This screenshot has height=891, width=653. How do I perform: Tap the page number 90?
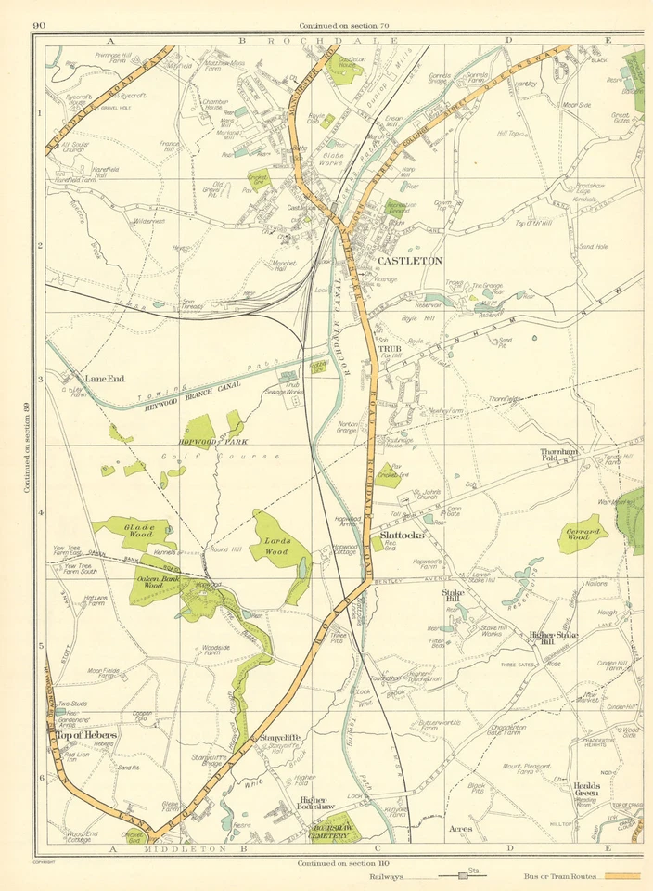(x=40, y=24)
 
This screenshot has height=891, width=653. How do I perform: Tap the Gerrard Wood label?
(x=588, y=535)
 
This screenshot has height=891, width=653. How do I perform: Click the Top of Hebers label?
(x=87, y=735)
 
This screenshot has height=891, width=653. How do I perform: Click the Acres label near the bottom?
(x=460, y=829)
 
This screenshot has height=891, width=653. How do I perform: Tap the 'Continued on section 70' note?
(x=343, y=25)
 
